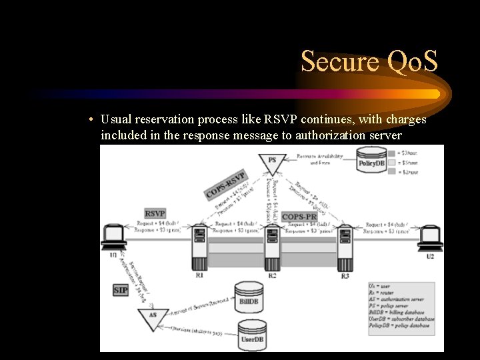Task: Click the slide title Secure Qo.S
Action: click(369, 61)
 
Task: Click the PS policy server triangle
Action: click(272, 162)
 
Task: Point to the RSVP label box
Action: click(155, 213)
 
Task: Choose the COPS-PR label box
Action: click(299, 217)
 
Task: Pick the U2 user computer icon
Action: click(430, 239)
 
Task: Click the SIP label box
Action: click(121, 291)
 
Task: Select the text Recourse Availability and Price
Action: click(320, 159)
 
